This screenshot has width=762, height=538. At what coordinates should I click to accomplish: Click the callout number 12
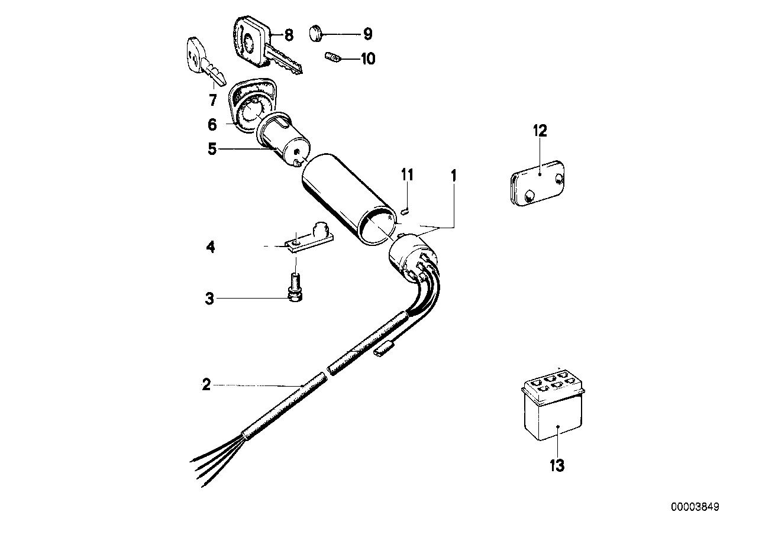pos(540,131)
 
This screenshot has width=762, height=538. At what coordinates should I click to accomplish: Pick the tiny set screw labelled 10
pos(334,58)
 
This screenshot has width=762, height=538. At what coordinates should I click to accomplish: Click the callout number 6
pos(212,125)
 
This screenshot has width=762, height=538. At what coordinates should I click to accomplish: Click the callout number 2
pos(206,385)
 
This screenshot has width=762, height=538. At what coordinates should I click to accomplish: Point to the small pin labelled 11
pos(405,208)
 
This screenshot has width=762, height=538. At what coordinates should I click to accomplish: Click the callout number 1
pos(453,176)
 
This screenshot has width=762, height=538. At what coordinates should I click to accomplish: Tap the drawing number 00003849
pos(695,507)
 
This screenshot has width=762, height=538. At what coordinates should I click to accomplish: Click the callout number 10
pos(367,59)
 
